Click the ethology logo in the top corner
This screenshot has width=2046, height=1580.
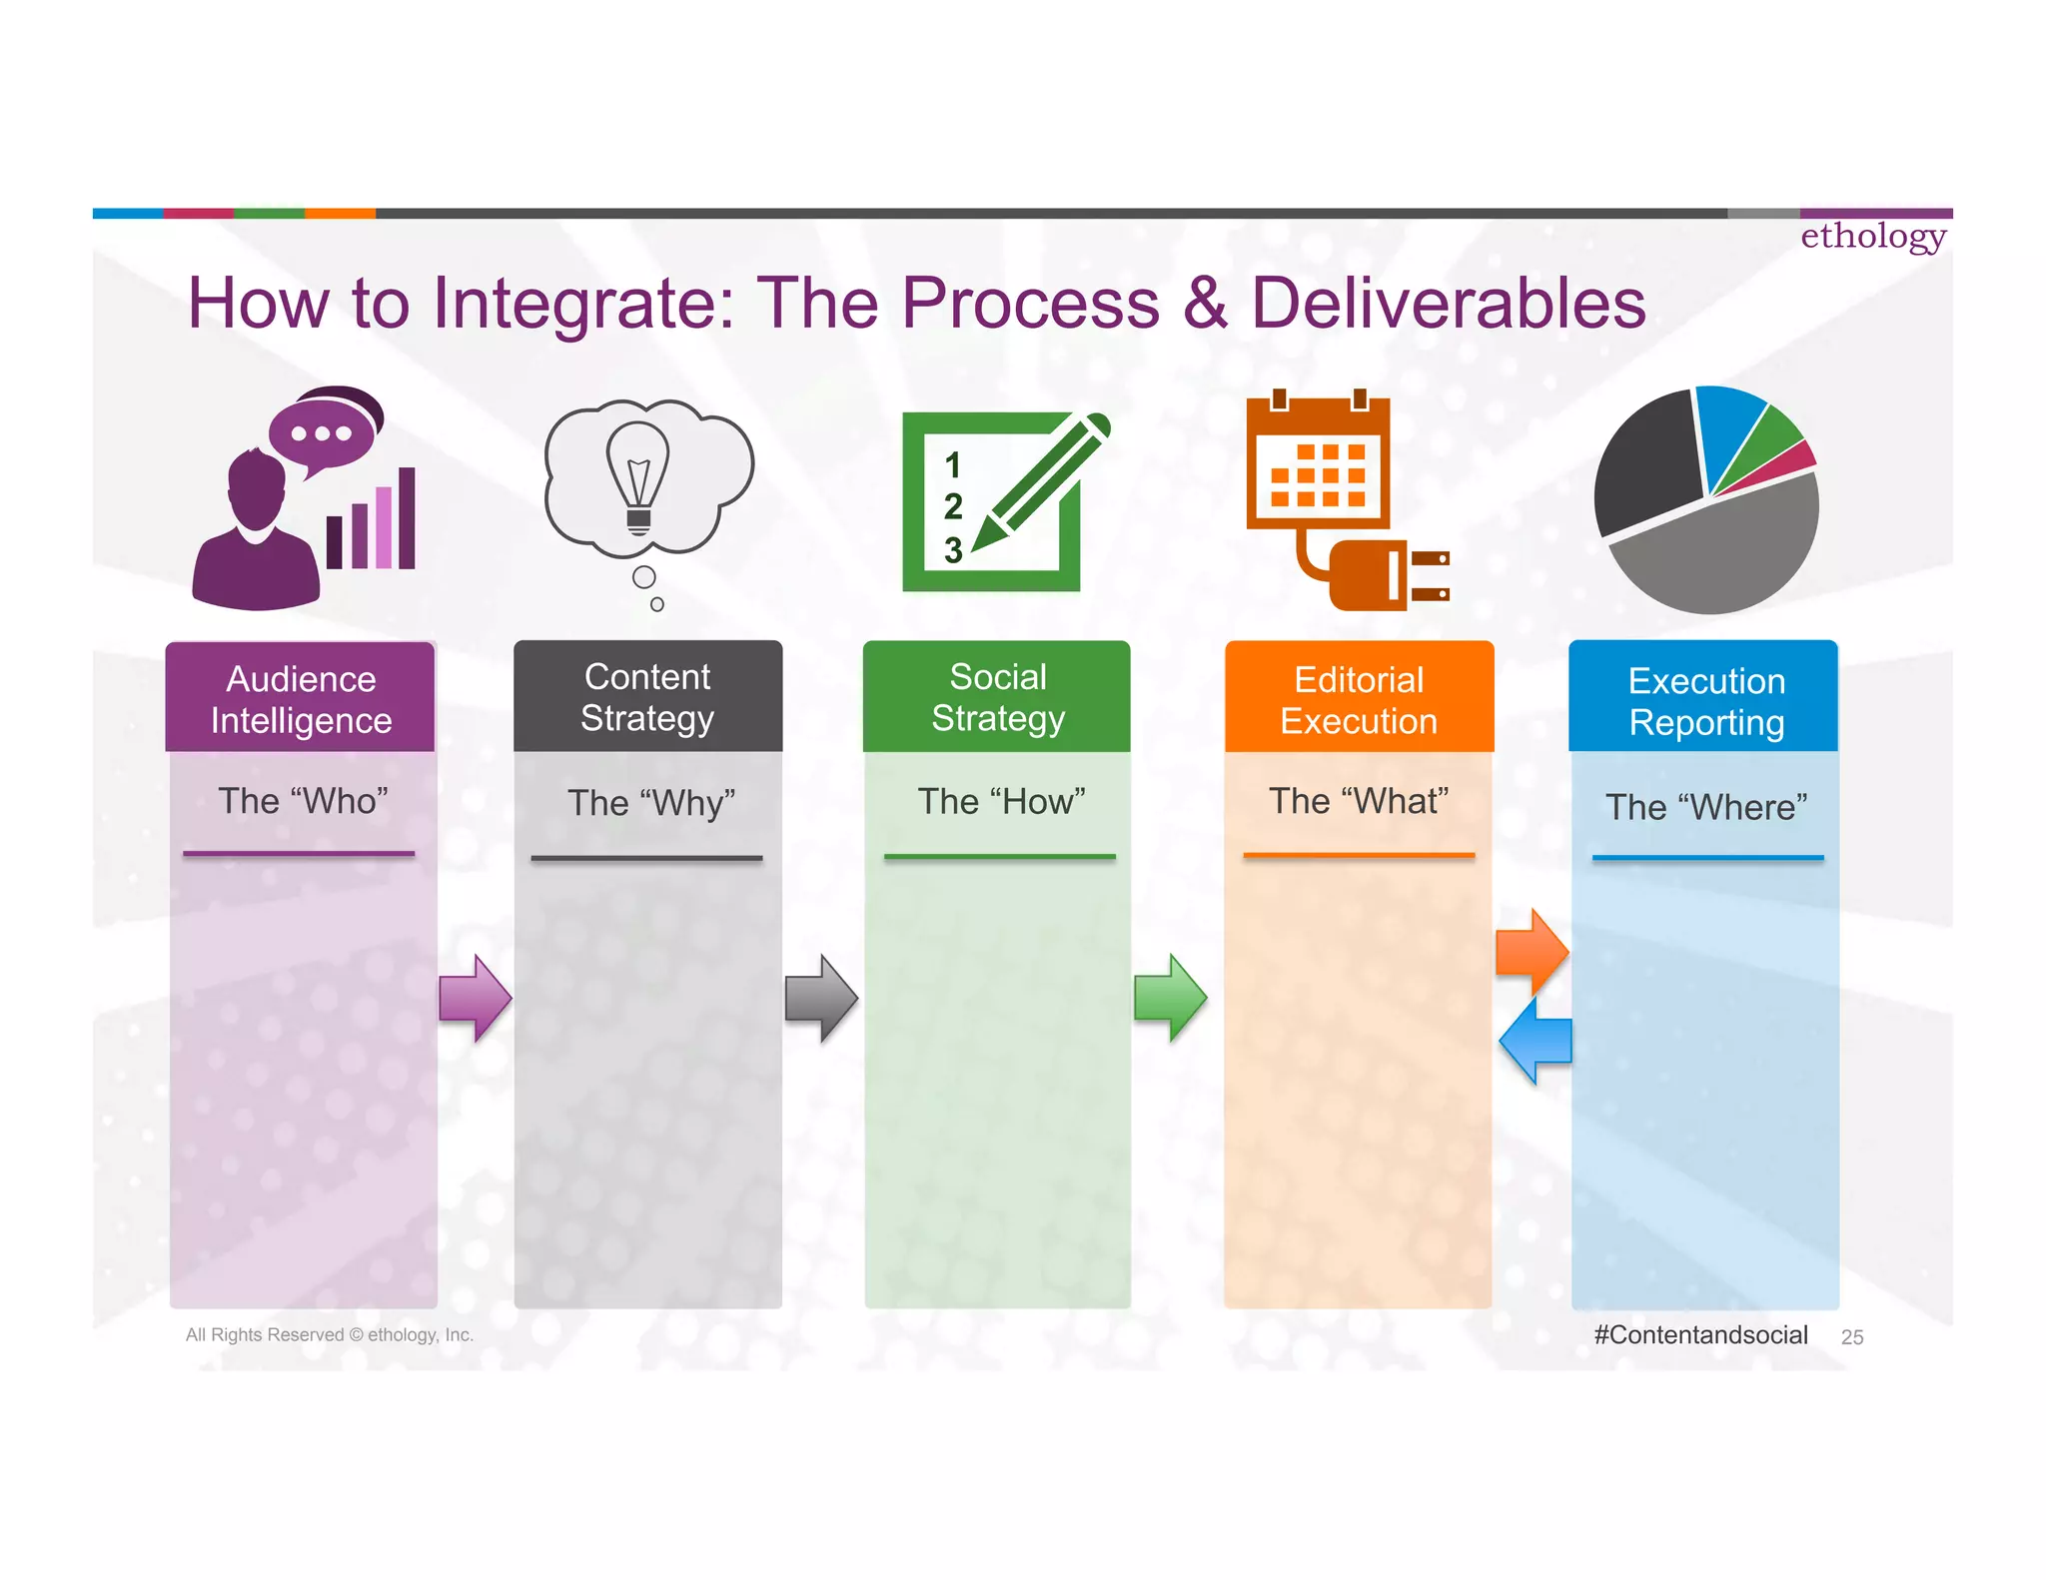tap(1872, 237)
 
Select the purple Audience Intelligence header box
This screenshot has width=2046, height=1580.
tap(300, 698)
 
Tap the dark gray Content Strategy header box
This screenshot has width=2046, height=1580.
tap(647, 696)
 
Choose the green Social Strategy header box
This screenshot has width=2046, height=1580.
tap(997, 696)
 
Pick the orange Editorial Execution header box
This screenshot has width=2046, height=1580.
tap(1359, 698)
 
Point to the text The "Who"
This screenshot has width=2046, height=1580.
tap(303, 801)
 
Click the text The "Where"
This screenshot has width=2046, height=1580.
tap(1706, 807)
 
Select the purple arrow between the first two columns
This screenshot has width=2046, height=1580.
tap(476, 998)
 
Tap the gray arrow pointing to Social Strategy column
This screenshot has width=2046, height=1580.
tap(821, 998)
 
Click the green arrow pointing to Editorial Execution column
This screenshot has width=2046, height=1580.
tap(1170, 997)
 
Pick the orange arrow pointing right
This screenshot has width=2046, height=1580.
tap(1532, 952)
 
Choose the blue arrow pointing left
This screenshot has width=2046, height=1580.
tap(1535, 1041)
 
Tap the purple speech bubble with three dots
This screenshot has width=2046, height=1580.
tap(322, 433)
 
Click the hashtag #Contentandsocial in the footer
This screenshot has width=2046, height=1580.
tap(1700, 1335)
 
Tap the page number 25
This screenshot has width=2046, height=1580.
tap(1851, 1337)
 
